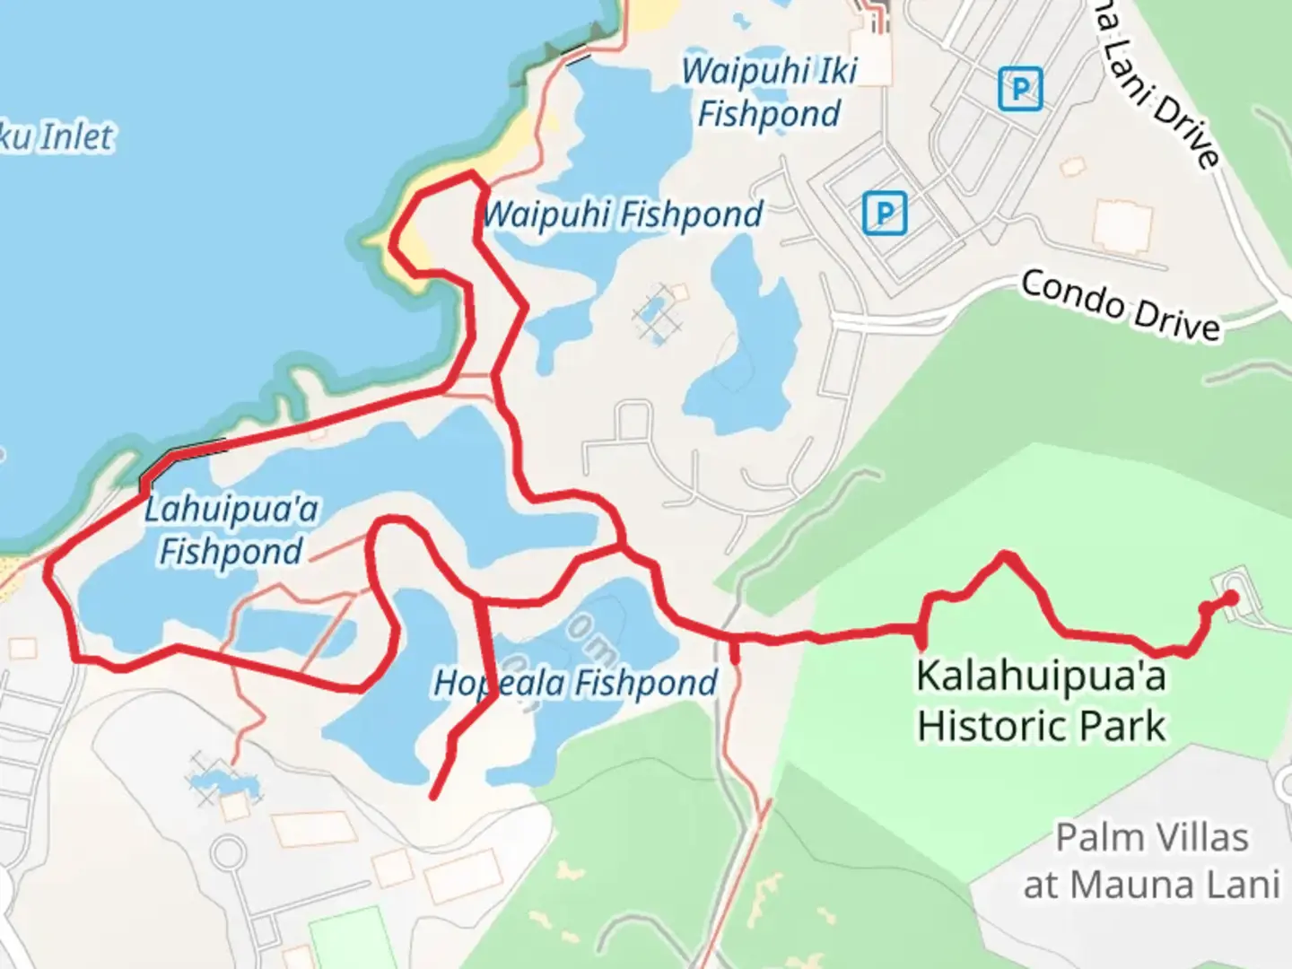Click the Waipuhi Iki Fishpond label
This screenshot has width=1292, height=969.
770,92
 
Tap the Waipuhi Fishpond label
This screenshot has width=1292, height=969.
623,215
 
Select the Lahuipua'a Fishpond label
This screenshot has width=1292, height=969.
231,530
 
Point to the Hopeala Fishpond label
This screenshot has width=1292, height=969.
575,684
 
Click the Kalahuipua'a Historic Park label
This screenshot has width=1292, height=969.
1041,700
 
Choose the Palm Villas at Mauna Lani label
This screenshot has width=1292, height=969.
1152,861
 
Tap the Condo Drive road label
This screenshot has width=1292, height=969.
1121,306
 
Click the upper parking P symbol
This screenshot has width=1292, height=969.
1020,90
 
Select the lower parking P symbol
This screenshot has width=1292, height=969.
885,214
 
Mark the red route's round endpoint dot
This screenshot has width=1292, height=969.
1231,598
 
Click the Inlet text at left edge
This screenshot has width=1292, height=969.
76,137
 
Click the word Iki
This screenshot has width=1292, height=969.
837,71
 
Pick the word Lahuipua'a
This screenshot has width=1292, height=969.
231,510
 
